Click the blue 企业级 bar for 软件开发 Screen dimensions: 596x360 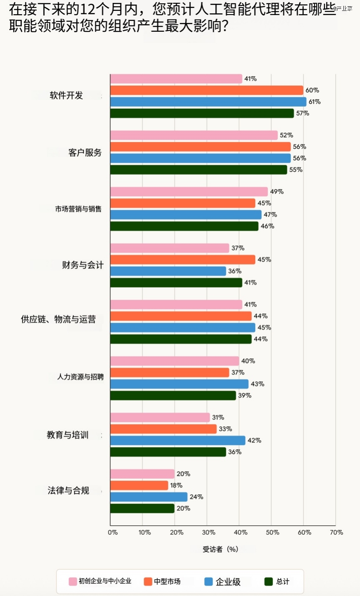coord(208,102)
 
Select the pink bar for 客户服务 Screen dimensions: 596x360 coord(194,135)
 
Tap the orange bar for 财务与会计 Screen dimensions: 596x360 coord(183,260)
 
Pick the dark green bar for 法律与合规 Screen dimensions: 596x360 coord(142,508)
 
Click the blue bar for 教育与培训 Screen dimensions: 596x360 coord(177,441)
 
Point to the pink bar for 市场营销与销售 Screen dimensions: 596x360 coord(189,191)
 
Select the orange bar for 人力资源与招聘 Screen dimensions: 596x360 coord(170,372)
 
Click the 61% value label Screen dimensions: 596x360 coord(314,102)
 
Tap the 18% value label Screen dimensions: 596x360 coord(176,485)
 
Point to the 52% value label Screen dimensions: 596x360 coord(286,135)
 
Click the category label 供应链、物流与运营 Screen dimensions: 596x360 coord(58,319)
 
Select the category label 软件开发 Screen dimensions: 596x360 coord(66,95)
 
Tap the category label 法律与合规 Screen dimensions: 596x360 coord(68,490)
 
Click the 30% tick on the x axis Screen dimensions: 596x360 coord(208,532)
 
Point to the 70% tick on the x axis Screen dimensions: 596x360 coord(337,532)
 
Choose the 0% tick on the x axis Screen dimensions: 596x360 coord(113,532)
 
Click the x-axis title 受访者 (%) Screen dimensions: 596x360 coord(220,549)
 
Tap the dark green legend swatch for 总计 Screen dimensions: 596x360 coord(269,581)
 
